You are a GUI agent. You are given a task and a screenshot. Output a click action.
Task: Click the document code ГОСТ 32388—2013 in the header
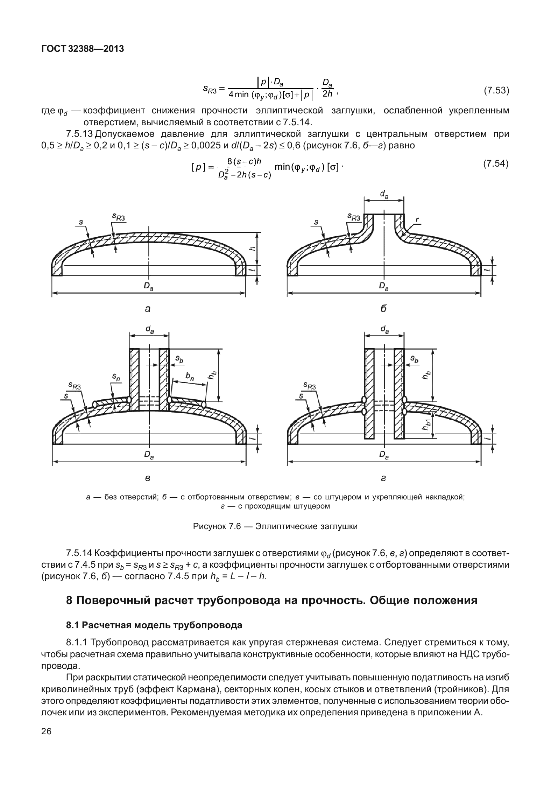(83, 49)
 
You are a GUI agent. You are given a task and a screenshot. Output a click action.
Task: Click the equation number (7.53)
(496, 91)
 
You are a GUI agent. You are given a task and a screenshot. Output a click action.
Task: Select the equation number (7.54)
(496, 163)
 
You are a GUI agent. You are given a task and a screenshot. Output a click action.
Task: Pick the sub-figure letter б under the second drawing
(383, 309)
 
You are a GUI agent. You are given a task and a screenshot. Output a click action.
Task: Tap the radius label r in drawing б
(417, 220)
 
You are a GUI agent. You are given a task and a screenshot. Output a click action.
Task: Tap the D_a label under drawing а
(148, 286)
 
